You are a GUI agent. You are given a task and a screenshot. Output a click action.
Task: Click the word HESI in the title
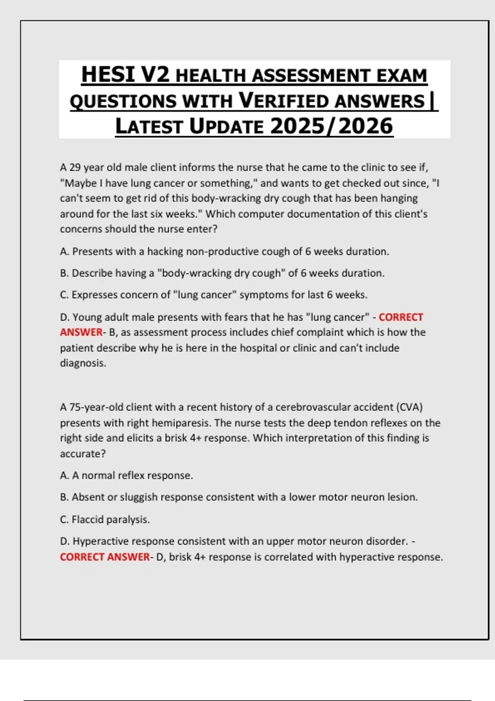tap(108, 75)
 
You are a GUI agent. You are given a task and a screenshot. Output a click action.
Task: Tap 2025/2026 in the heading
tap(332, 126)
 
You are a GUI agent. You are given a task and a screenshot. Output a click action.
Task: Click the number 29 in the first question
tap(75, 167)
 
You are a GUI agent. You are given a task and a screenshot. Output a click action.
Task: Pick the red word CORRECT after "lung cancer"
tap(401, 317)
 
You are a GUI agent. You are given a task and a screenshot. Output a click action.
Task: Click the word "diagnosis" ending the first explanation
tap(82, 363)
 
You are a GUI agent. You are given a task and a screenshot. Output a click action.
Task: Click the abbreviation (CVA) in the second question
tap(409, 407)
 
